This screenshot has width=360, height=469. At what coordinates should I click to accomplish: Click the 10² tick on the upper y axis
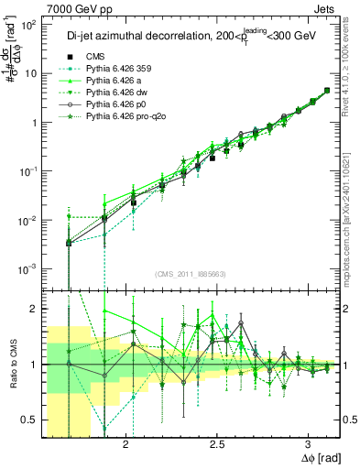point(29,25)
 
